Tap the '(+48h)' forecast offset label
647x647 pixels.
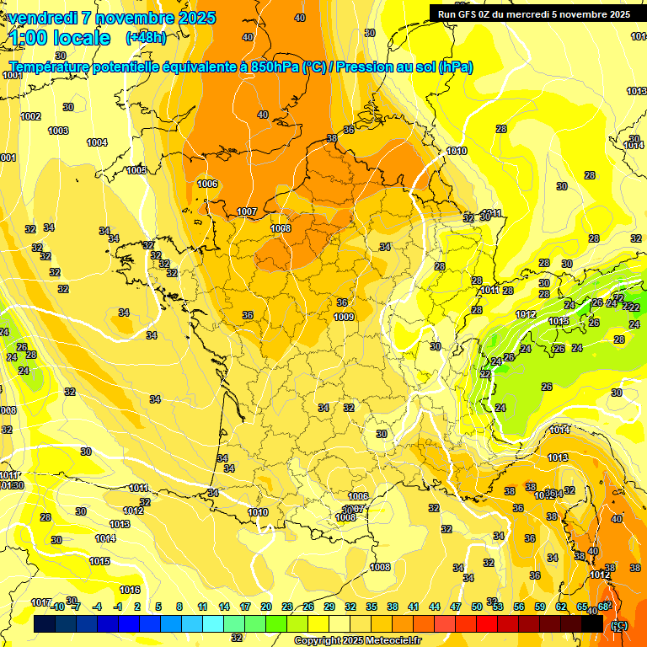pyautogui.click(x=145, y=38)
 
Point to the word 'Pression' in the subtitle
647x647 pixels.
pyautogui.click(x=365, y=67)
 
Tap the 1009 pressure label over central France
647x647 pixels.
pyautogui.click(x=344, y=317)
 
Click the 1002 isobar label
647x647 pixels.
pyautogui.click(x=31, y=116)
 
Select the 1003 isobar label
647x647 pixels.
pyautogui.click(x=58, y=131)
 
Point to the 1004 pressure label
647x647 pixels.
pyautogui.click(x=98, y=142)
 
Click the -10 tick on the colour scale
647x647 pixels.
pyautogui.click(x=57, y=607)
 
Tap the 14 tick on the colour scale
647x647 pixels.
pyautogui.click(x=224, y=607)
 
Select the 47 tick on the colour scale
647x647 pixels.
pyautogui.click(x=456, y=607)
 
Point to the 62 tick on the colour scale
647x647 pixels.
pyautogui.click(x=561, y=607)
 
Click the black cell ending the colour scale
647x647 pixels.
pyautogui.click(x=593, y=624)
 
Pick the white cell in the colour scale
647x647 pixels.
pyautogui.click(x=340, y=624)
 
